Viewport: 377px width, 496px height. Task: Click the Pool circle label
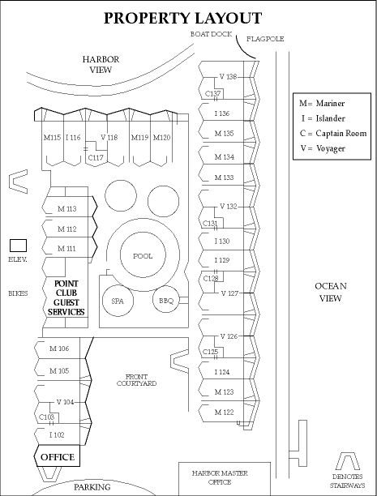(143, 256)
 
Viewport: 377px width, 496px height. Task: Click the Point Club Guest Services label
(66, 297)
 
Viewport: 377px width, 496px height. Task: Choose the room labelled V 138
(228, 76)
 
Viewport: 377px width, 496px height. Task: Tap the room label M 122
(224, 413)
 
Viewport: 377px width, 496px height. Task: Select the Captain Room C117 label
(96, 157)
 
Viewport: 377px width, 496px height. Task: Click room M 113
(66, 209)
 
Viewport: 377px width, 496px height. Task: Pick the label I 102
(57, 435)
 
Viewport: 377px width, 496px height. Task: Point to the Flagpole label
(265, 39)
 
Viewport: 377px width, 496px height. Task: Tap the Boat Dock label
(211, 34)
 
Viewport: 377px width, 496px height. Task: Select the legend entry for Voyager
(323, 148)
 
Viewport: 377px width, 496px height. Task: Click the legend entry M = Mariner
(322, 104)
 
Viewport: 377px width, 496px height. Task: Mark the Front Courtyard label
(136, 380)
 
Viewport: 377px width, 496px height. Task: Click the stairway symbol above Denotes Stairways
(347, 461)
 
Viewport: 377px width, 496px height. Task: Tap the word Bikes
(18, 293)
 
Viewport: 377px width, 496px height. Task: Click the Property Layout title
(183, 18)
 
